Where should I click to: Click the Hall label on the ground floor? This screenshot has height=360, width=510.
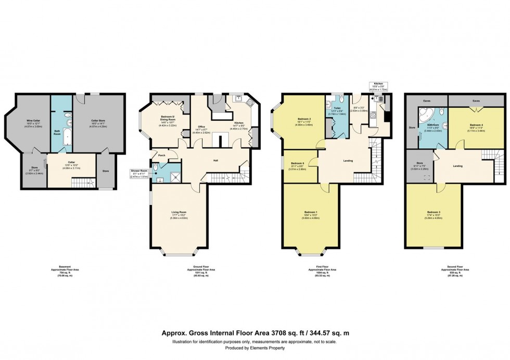pos(215,160)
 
